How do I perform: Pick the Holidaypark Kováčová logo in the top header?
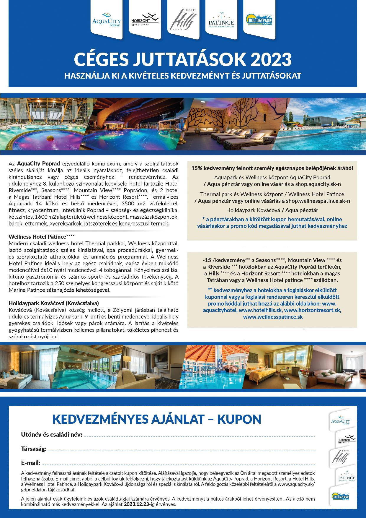259,21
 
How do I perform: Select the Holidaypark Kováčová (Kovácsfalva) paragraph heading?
54,303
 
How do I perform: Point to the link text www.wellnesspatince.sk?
273,317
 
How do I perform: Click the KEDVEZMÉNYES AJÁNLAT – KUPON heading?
156,419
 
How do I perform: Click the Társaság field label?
34,449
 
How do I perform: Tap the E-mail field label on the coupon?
30,463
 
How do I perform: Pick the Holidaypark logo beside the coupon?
342,496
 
